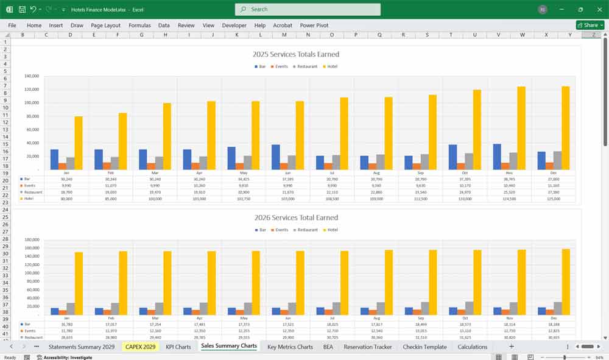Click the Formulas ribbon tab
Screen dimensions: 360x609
139,26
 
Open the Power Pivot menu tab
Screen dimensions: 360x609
314,26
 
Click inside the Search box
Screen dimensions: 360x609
308,9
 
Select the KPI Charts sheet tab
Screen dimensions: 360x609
178,347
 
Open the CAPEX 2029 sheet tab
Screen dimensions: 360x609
140,347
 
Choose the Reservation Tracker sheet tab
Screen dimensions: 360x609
368,347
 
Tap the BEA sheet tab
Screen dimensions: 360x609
328,347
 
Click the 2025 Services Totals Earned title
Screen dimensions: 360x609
296,54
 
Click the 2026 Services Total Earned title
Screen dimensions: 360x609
296,217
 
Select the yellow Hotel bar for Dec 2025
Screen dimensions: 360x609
565,128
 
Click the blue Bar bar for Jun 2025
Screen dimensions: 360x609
276,157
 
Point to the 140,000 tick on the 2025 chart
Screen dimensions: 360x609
32,76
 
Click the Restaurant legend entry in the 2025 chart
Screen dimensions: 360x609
306,66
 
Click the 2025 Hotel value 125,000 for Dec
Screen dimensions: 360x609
554,199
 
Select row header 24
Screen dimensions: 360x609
5,210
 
